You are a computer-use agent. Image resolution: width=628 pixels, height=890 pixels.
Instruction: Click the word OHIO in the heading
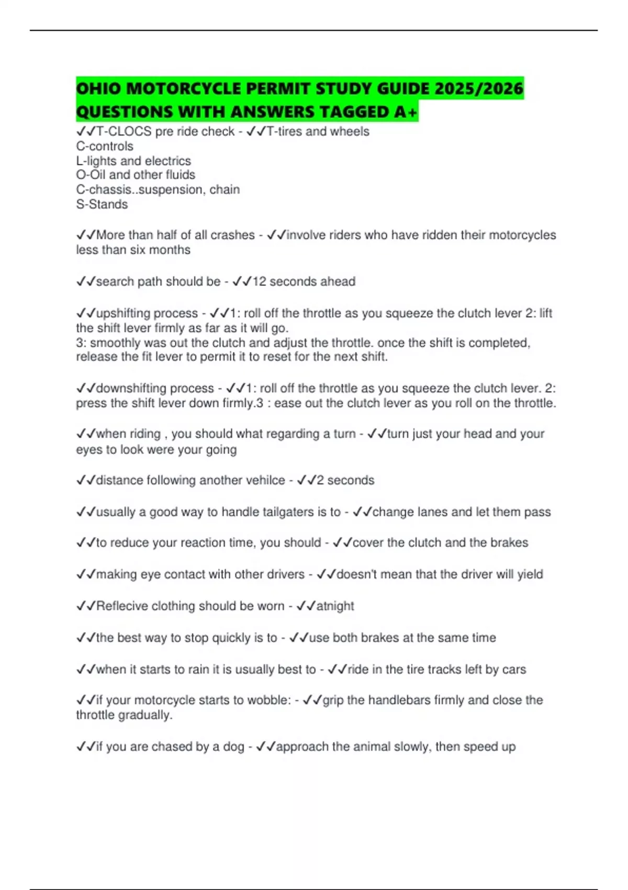click(99, 88)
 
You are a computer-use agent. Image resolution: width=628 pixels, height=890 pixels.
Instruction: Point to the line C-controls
click(105, 146)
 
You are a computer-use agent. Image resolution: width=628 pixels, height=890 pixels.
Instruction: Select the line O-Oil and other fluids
click(136, 175)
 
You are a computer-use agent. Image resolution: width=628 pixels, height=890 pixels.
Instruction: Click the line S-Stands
click(102, 204)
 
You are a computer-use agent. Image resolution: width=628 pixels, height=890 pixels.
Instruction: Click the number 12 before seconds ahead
click(259, 282)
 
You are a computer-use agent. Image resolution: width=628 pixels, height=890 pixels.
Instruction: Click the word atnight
click(335, 606)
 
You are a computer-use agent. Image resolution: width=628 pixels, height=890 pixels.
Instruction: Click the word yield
click(530, 574)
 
